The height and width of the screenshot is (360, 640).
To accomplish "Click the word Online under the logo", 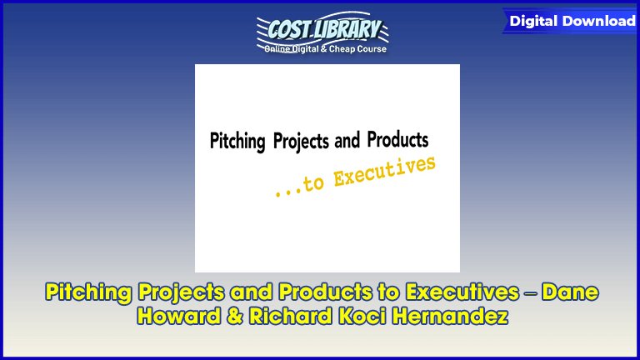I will click(280, 49).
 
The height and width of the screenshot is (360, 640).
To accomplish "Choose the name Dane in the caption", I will click(569, 293).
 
